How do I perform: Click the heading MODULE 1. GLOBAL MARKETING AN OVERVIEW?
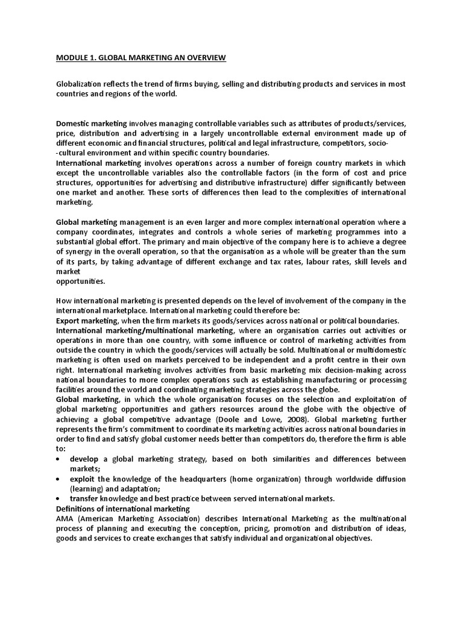tap(140, 58)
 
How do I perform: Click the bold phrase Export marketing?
tap(85, 321)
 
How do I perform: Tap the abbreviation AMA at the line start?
tap(65, 518)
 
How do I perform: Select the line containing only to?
tap(61, 449)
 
